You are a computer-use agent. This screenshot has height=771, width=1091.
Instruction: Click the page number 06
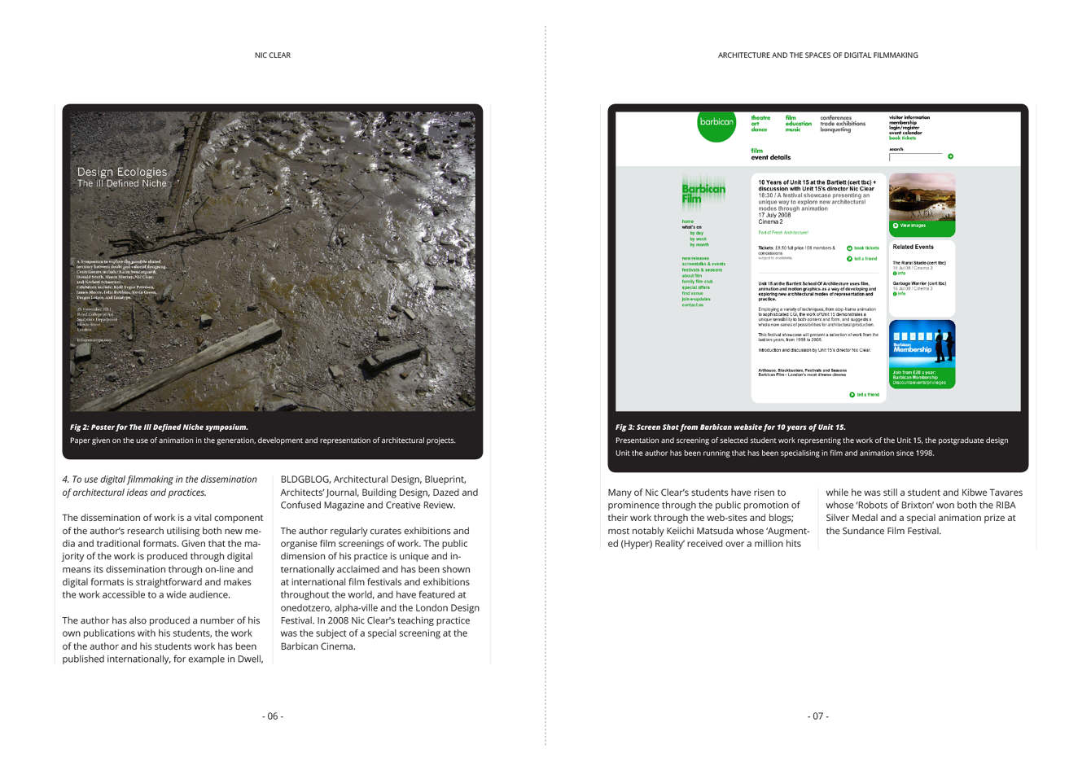click(x=273, y=716)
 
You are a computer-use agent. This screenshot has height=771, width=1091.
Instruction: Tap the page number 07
click(x=818, y=716)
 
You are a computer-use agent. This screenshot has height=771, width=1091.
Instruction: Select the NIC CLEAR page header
click(x=273, y=55)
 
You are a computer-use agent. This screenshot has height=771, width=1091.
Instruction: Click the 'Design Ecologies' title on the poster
click(x=122, y=172)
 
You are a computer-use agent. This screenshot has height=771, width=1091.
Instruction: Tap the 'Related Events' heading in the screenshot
click(x=913, y=247)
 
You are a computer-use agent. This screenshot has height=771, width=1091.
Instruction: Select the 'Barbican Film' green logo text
click(x=703, y=193)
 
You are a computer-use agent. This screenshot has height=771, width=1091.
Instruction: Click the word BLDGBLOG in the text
click(x=305, y=480)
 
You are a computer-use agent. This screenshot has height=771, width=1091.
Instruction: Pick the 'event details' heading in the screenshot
click(x=770, y=158)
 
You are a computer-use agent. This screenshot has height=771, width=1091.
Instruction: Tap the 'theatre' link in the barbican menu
click(x=760, y=118)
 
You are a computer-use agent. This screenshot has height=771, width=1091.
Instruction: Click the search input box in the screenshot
click(x=916, y=156)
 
